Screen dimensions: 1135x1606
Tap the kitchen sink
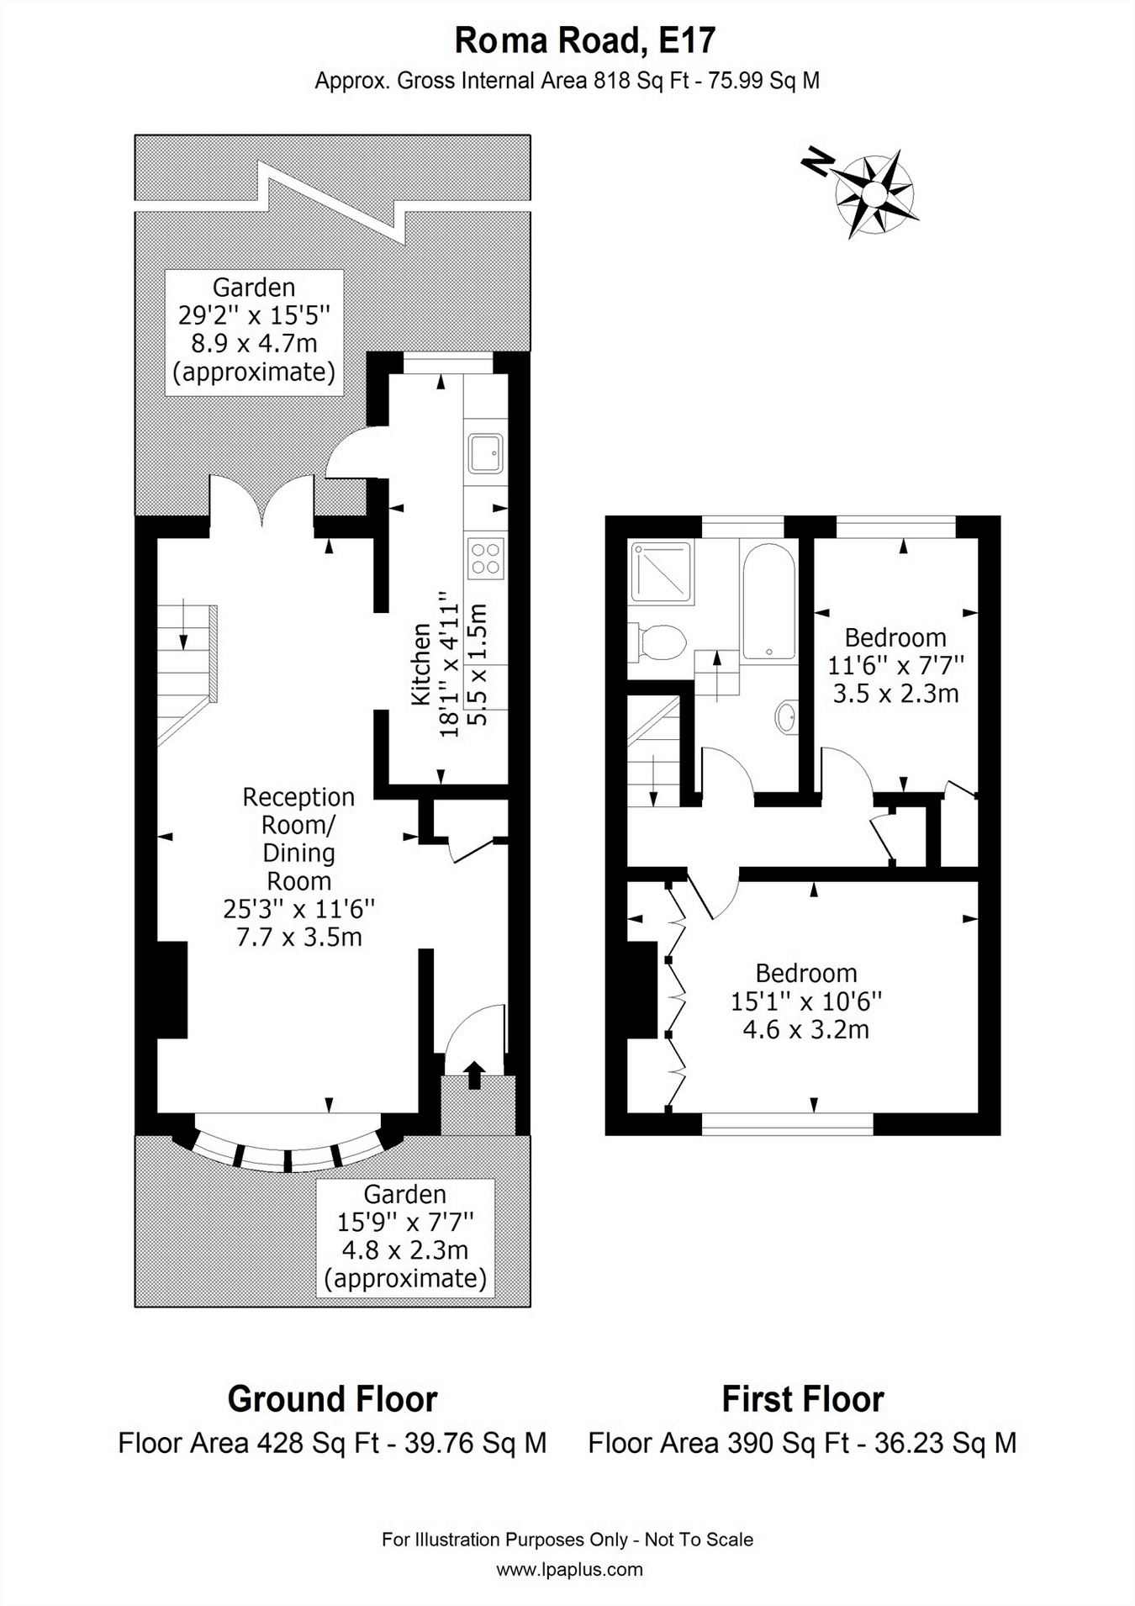click(x=486, y=454)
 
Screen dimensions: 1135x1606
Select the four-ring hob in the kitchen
click(x=486, y=557)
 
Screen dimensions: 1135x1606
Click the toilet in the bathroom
click(x=659, y=642)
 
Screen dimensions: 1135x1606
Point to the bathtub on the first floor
click(x=768, y=601)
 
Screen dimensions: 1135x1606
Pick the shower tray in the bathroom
click(x=663, y=573)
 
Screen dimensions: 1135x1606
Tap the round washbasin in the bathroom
click(x=786, y=717)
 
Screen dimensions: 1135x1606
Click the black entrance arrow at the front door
click(x=474, y=1075)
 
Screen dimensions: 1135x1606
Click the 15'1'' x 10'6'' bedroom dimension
click(x=806, y=1001)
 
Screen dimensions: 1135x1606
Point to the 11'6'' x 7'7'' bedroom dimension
click(x=895, y=665)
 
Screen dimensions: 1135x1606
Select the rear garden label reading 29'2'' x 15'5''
click(x=254, y=315)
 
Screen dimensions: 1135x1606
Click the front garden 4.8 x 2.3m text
click(x=404, y=1250)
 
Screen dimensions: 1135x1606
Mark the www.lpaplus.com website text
click(x=569, y=1569)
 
